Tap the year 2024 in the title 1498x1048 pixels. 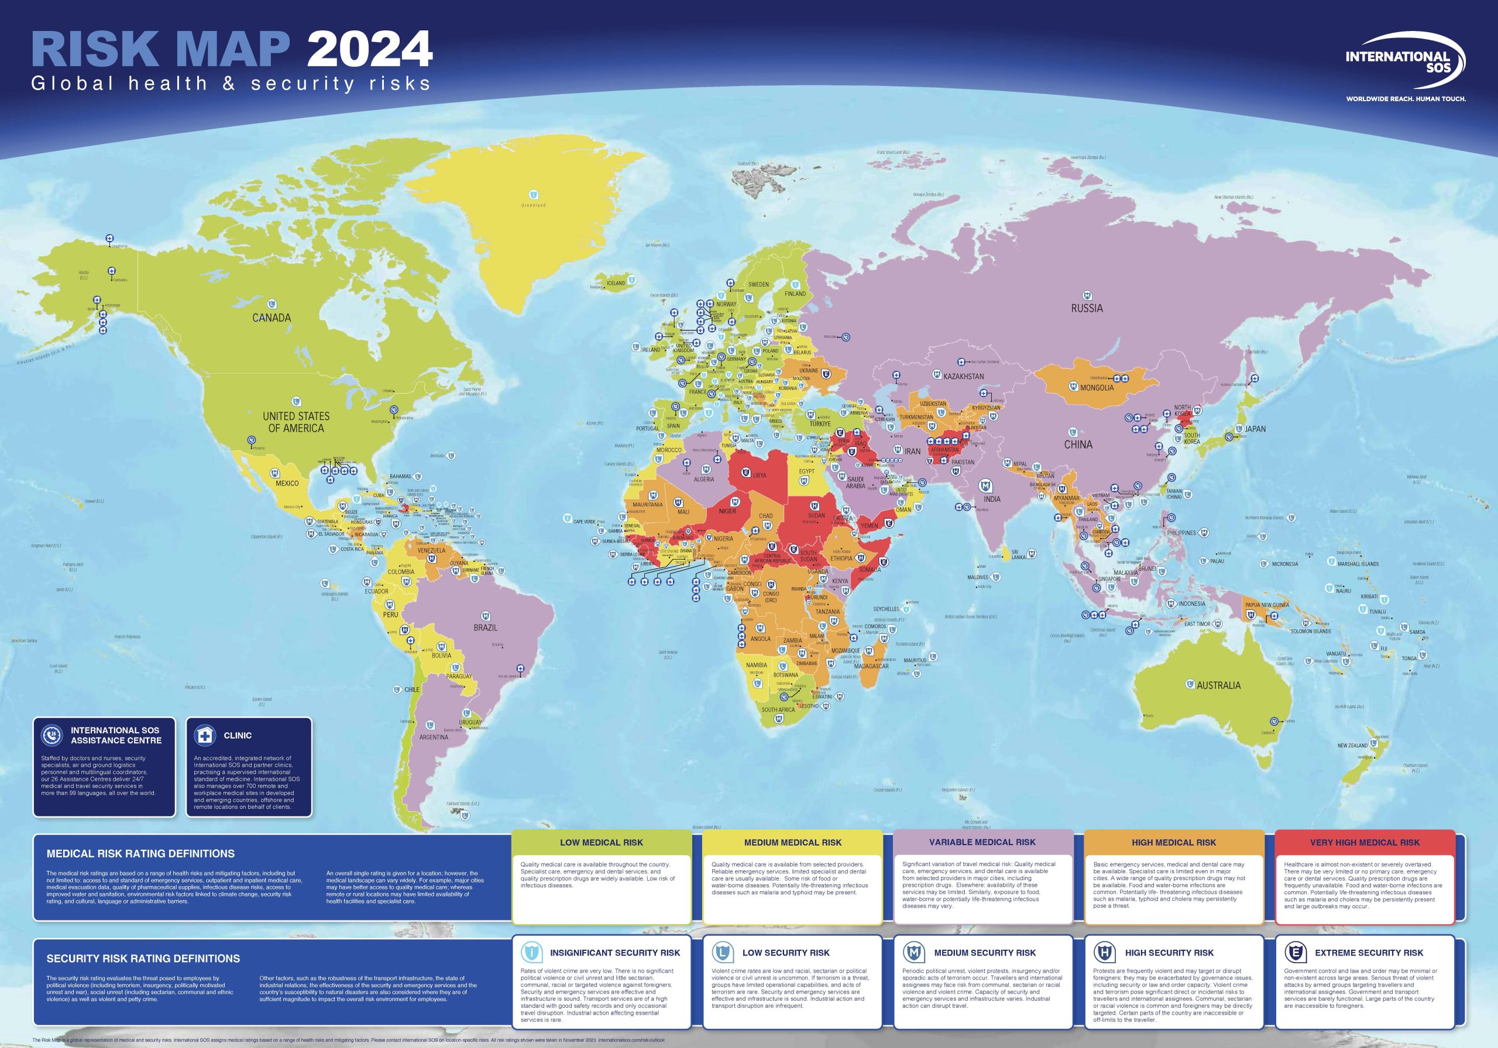(x=370, y=49)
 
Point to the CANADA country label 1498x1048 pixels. (x=272, y=318)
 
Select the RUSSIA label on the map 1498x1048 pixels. (x=1087, y=308)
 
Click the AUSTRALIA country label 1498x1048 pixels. (x=1218, y=685)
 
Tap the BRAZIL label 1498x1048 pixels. (x=486, y=628)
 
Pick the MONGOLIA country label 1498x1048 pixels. (x=1097, y=388)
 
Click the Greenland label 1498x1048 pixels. (x=533, y=205)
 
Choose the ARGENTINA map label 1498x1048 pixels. (x=434, y=737)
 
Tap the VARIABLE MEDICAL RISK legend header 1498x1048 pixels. (x=982, y=842)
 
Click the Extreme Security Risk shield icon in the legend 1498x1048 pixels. (x=1294, y=953)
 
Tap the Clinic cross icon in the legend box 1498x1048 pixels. (x=205, y=736)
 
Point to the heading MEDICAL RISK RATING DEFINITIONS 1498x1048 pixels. (x=141, y=854)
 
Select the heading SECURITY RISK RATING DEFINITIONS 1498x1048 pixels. (x=143, y=959)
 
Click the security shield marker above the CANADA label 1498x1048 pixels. (x=272, y=304)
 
